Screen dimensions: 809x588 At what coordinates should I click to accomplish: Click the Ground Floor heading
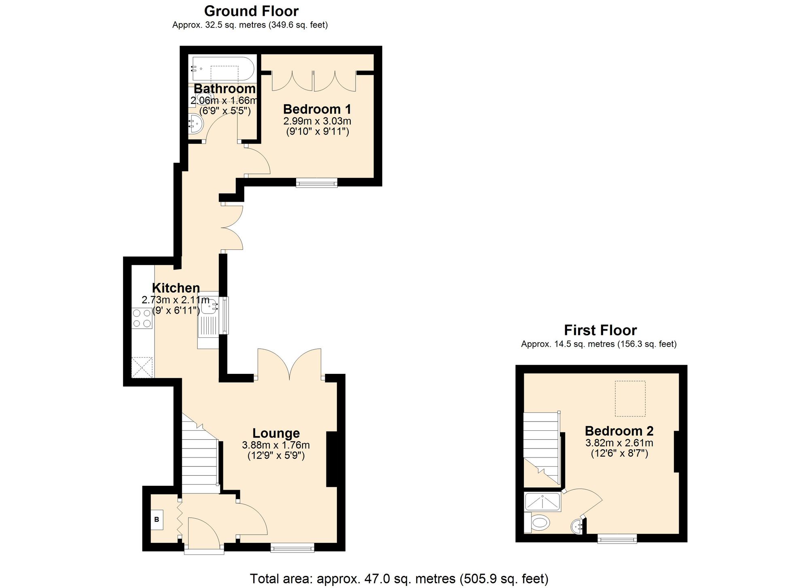pyautogui.click(x=251, y=11)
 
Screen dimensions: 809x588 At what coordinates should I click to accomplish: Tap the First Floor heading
pyautogui.click(x=600, y=330)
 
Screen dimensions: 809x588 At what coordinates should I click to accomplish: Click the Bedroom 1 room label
pyautogui.click(x=317, y=109)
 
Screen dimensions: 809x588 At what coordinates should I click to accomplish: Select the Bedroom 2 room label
pyautogui.click(x=619, y=431)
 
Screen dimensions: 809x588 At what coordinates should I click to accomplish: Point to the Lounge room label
pyautogui.click(x=276, y=433)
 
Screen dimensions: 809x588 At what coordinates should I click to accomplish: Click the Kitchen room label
pyautogui.click(x=176, y=288)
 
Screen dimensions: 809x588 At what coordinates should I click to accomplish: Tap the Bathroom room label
pyautogui.click(x=225, y=89)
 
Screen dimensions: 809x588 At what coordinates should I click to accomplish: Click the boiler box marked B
pyautogui.click(x=157, y=520)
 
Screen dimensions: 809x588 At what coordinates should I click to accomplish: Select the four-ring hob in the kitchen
pyautogui.click(x=142, y=318)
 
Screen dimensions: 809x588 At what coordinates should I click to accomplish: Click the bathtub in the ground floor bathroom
pyautogui.click(x=223, y=69)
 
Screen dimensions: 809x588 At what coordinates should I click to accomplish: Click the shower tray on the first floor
pyautogui.click(x=542, y=502)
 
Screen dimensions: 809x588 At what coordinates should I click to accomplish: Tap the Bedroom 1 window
pyautogui.click(x=317, y=183)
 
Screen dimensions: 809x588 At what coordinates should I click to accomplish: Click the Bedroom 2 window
pyautogui.click(x=617, y=538)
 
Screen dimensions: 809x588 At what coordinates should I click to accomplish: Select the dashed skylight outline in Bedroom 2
pyautogui.click(x=630, y=398)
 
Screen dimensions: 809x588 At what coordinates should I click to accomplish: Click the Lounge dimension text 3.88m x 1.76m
pyautogui.click(x=276, y=445)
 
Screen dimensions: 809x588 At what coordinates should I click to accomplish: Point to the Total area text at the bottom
pyautogui.click(x=399, y=579)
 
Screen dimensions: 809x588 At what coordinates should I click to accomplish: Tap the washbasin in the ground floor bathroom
pyautogui.click(x=196, y=124)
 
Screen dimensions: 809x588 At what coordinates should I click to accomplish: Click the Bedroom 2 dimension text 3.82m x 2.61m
pyautogui.click(x=619, y=443)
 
